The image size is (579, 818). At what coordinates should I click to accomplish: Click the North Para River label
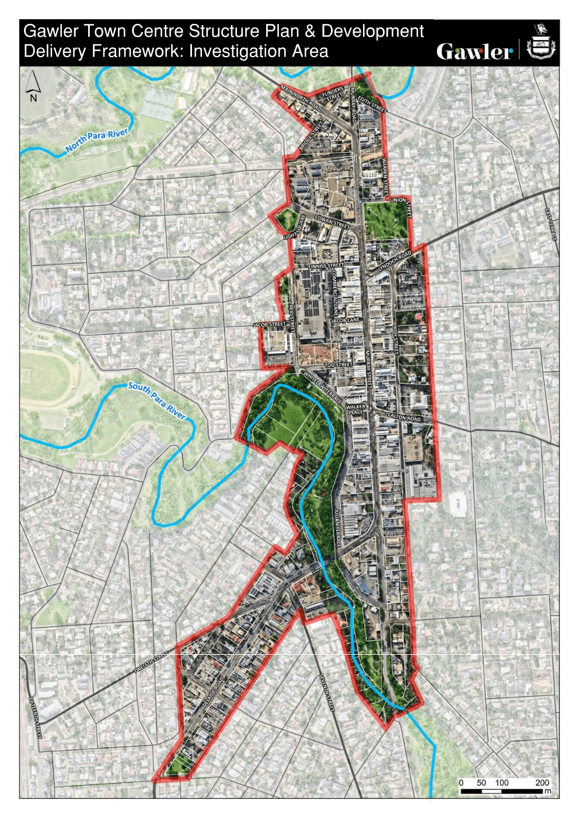[x=97, y=141]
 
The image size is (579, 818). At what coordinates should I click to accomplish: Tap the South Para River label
[x=156, y=400]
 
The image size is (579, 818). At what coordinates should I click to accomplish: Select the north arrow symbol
[x=33, y=86]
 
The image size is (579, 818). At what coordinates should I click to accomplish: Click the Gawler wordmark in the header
[x=474, y=51]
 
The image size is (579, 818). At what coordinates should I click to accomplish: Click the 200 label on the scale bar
[x=542, y=782]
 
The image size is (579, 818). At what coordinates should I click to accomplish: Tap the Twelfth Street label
[x=150, y=663]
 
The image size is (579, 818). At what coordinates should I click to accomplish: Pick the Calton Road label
[x=404, y=417]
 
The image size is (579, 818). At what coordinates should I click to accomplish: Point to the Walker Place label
[x=355, y=409]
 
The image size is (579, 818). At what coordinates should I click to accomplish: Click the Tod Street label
[x=339, y=365]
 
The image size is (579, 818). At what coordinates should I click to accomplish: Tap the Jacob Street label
[x=269, y=324]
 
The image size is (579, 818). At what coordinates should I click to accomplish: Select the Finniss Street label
[x=326, y=266]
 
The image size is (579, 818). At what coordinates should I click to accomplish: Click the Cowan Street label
[x=332, y=222]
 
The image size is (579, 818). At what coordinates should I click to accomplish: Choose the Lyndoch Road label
[x=395, y=261]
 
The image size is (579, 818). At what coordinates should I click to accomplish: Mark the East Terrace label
[x=552, y=224]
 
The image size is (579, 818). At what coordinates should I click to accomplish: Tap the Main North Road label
[x=301, y=98]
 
